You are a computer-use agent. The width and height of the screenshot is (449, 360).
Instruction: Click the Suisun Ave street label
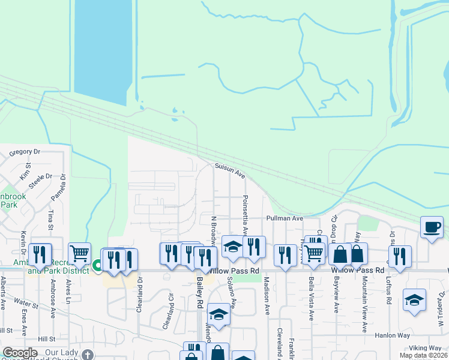[x=231, y=172]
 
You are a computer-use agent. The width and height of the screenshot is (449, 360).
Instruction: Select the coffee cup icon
[x=432, y=227]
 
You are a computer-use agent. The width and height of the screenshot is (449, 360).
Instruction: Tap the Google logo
[x=19, y=353]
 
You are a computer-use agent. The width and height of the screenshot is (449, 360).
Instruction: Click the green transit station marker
[x=98, y=263]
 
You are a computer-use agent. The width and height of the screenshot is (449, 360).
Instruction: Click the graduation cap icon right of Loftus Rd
[x=414, y=300]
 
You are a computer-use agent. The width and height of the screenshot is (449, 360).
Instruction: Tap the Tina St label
[x=51, y=219]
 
